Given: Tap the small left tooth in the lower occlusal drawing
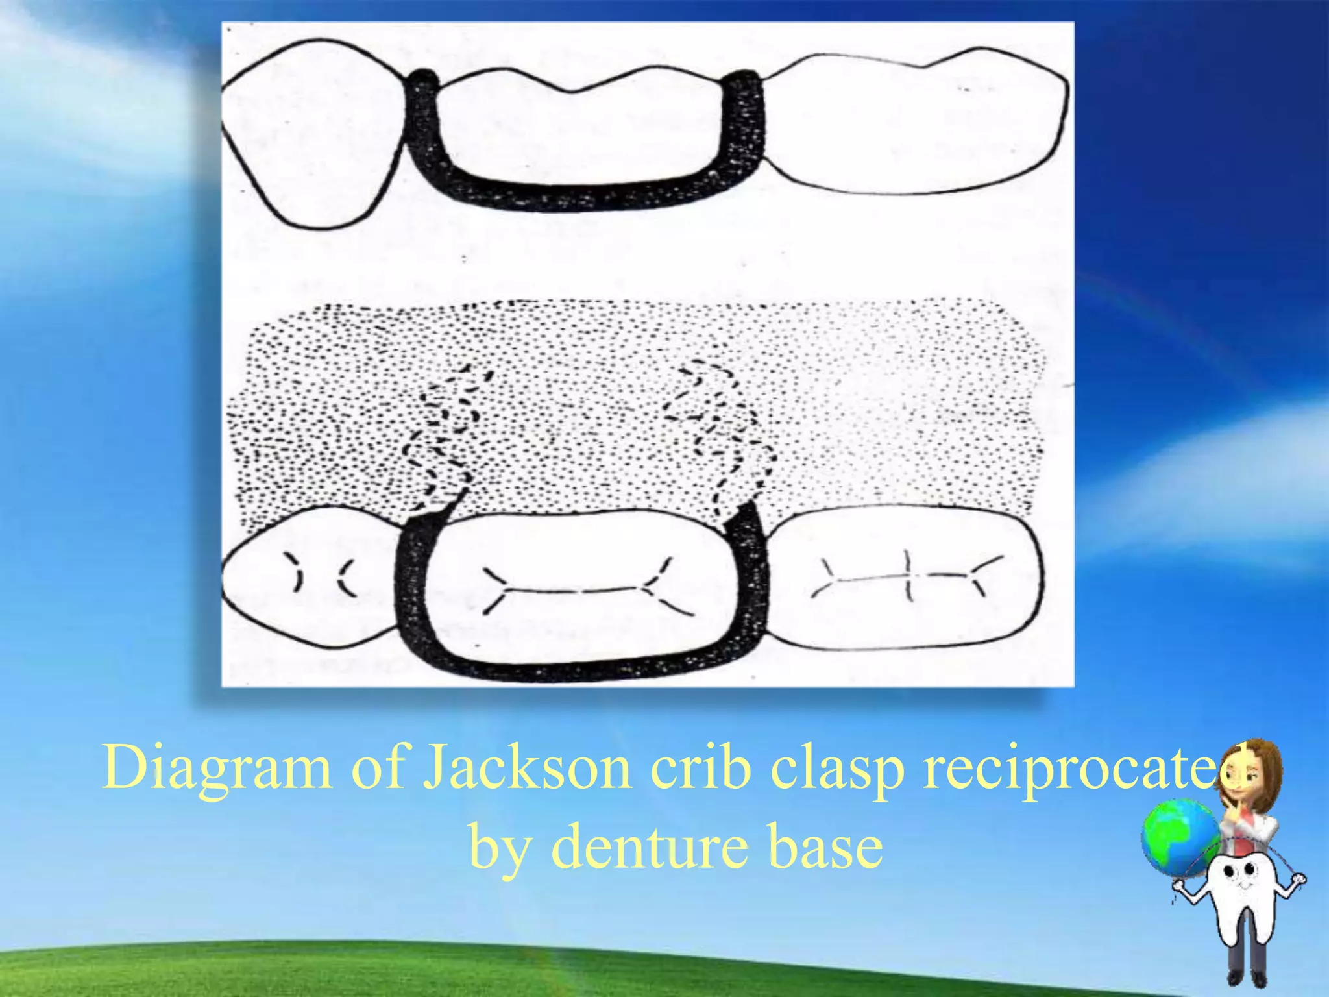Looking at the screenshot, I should pyautogui.click(x=311, y=574).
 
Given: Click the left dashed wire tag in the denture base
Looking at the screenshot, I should pyautogui.click(x=448, y=435).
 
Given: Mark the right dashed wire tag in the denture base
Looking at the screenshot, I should pyautogui.click(x=720, y=435).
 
